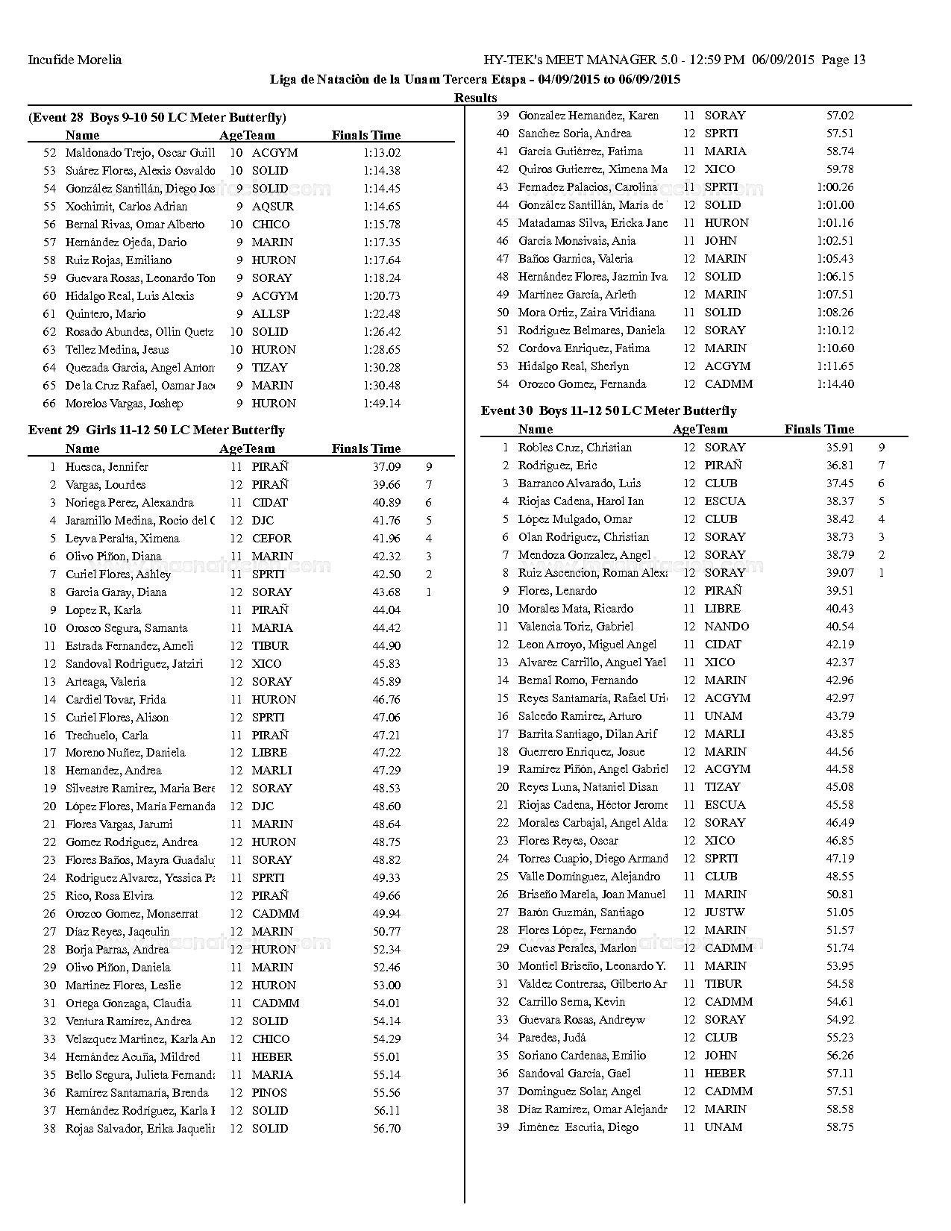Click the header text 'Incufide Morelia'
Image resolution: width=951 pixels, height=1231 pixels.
tap(75, 60)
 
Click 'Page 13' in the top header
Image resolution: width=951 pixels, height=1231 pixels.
tap(844, 60)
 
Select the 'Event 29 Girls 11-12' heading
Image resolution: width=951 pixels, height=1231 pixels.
tap(157, 430)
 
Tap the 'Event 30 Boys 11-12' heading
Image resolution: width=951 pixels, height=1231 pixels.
tap(609, 411)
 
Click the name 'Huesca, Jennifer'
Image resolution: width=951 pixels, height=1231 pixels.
tap(107, 467)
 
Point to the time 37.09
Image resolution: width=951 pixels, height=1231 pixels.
tap(386, 467)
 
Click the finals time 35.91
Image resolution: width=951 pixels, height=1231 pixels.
tap(840, 448)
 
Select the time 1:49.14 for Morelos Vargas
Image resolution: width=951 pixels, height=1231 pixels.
tap(382, 404)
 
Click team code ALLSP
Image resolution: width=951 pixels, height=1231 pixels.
tap(271, 314)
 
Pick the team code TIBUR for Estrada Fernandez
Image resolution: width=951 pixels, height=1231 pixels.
tap(270, 646)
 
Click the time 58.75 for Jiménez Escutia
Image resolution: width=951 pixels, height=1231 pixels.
tap(840, 1127)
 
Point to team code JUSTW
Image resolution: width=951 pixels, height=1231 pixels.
tap(724, 912)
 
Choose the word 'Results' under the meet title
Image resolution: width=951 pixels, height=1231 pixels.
tap(475, 98)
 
